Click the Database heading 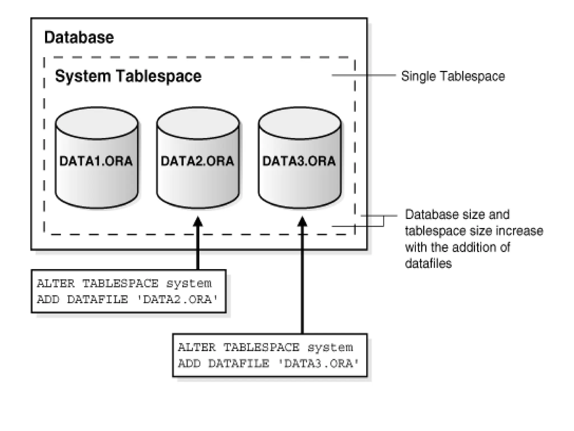tap(79, 37)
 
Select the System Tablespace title tap(128, 76)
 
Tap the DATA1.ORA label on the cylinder tap(96, 161)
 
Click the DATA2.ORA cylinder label tap(197, 161)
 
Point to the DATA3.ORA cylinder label tap(299, 161)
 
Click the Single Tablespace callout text tap(453, 76)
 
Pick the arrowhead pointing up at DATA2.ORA tap(198, 222)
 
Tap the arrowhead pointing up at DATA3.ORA tap(302, 222)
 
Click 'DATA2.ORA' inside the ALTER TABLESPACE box tap(178, 300)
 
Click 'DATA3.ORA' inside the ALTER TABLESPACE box tap(319, 364)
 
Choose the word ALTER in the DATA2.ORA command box tap(56, 284)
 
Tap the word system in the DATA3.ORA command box tap(330, 348)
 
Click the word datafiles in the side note tap(428, 263)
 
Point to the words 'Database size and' tap(457, 215)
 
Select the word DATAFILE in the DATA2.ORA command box tap(97, 300)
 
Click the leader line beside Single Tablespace tap(364, 75)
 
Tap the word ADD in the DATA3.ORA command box tap(189, 364)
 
